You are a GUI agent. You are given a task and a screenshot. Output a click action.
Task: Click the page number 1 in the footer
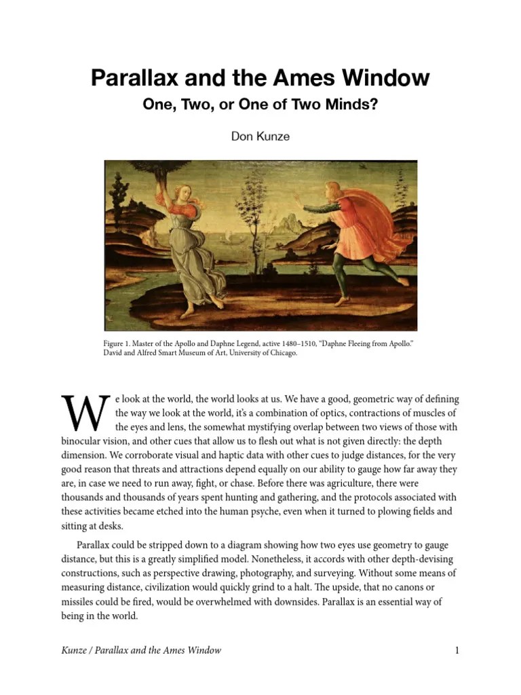coord(457,650)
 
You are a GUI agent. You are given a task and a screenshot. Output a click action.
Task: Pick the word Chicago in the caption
coord(282,354)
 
